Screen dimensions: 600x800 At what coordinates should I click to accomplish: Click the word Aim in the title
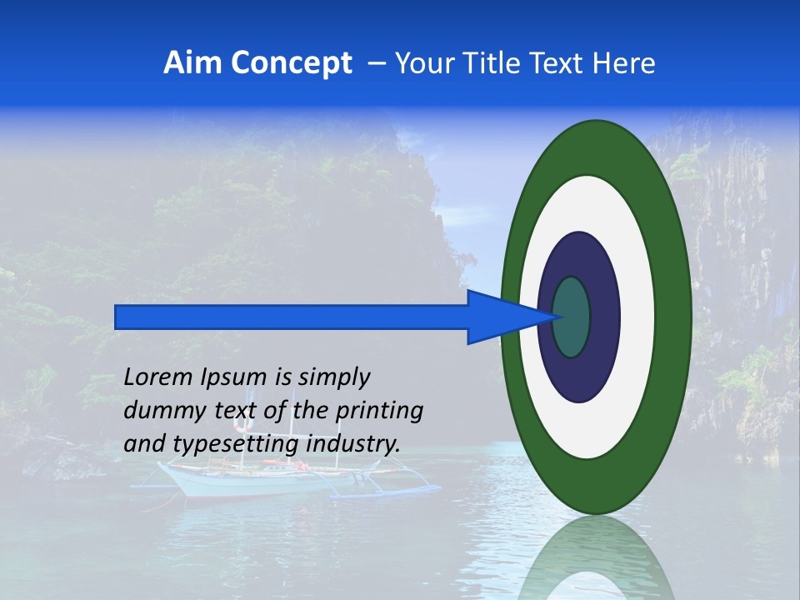click(x=193, y=63)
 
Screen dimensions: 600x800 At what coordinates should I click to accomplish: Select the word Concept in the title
click(x=291, y=63)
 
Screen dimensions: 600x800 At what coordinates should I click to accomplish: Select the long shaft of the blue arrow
click(x=292, y=317)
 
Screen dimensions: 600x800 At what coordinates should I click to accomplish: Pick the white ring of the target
click(x=637, y=317)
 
